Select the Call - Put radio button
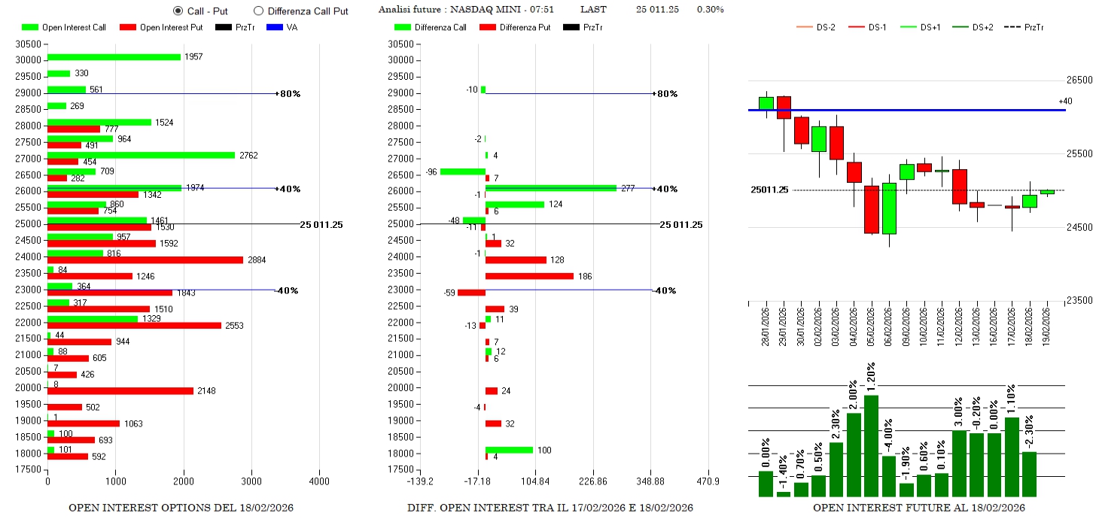pyautogui.click(x=178, y=11)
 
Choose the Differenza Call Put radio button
pyautogui.click(x=258, y=11)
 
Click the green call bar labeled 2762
pyautogui.click(x=141, y=155)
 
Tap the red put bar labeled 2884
pyautogui.click(x=145, y=259)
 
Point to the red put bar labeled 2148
pyautogui.click(x=120, y=390)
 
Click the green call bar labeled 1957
pyautogui.click(x=114, y=57)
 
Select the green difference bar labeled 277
pyautogui.click(x=550, y=188)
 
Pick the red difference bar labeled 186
pyautogui.click(x=529, y=276)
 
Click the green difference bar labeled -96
pyautogui.click(x=462, y=171)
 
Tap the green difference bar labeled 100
pyautogui.click(x=509, y=450)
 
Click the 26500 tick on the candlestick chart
pyautogui.click(x=1079, y=80)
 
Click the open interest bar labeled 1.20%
pyautogui.click(x=871, y=445)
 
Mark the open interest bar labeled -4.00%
pyautogui.click(x=888, y=476)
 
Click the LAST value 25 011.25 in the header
pyautogui.click(x=657, y=10)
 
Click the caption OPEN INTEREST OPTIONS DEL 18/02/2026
pyautogui.click(x=181, y=508)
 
